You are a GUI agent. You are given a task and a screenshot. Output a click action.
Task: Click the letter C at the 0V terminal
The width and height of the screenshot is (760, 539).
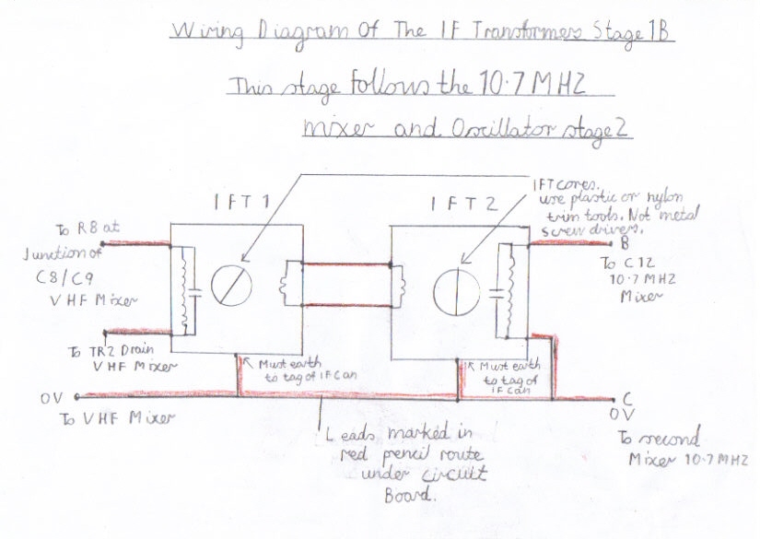[x=627, y=400]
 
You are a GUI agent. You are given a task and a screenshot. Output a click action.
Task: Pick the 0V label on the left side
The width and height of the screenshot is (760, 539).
[x=52, y=398]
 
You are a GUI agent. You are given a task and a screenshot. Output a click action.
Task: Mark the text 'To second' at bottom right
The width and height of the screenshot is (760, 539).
[x=659, y=439]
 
